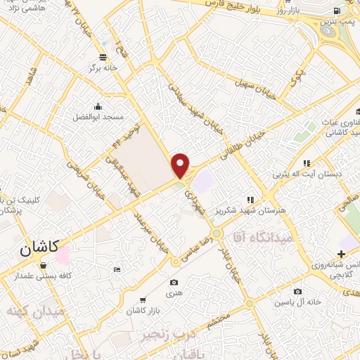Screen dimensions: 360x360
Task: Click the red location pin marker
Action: pos(181,165)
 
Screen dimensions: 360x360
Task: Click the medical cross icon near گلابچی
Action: pos(341,254)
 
